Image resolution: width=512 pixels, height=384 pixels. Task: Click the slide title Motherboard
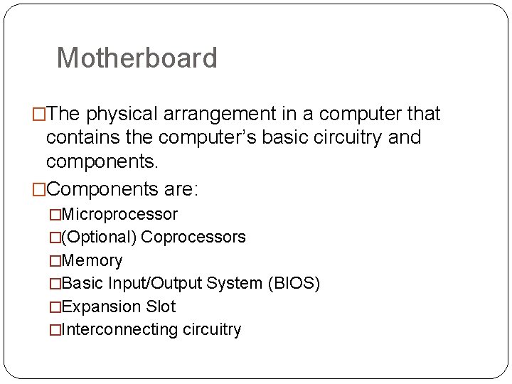coord(137,58)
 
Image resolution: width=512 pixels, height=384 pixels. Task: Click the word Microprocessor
coord(119,214)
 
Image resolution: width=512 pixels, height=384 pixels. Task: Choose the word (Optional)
coord(100,237)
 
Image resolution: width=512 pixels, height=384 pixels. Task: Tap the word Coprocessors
coord(193,237)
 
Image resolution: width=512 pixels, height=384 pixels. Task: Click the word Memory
coord(92,260)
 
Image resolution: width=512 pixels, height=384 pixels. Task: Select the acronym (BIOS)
coord(294,284)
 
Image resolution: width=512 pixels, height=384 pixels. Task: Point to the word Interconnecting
coord(119,329)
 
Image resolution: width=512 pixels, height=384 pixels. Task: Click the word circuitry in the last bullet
coord(211,329)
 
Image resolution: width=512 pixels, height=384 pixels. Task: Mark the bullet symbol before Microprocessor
coord(55,214)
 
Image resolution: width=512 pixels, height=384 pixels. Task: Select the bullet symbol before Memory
coord(55,260)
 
